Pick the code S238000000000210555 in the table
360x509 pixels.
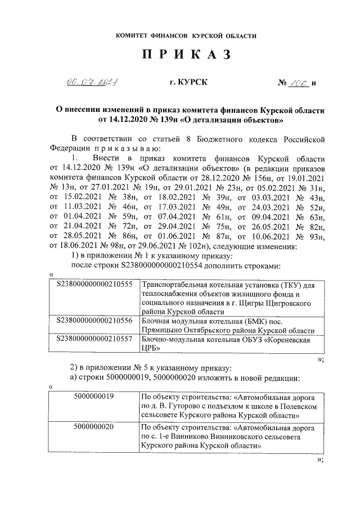point(94,286)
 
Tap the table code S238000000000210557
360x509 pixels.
point(94,340)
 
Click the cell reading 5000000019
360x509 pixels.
point(94,397)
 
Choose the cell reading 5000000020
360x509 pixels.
point(94,426)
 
